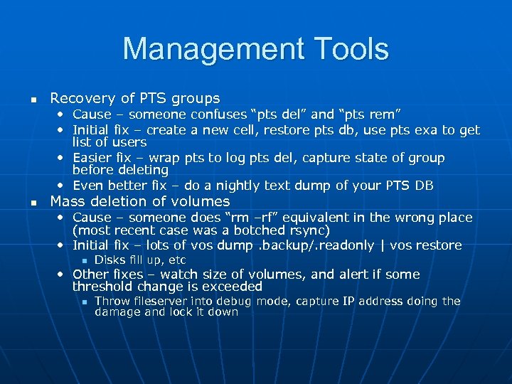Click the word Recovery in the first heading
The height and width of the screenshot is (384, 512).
(x=79, y=98)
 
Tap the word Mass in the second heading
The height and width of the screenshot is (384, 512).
(x=68, y=201)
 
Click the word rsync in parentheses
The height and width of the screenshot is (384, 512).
(x=310, y=231)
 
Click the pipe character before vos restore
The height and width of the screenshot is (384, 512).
(x=383, y=245)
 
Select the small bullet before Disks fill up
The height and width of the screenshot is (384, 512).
(x=83, y=260)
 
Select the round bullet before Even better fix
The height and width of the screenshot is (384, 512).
(x=62, y=186)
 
